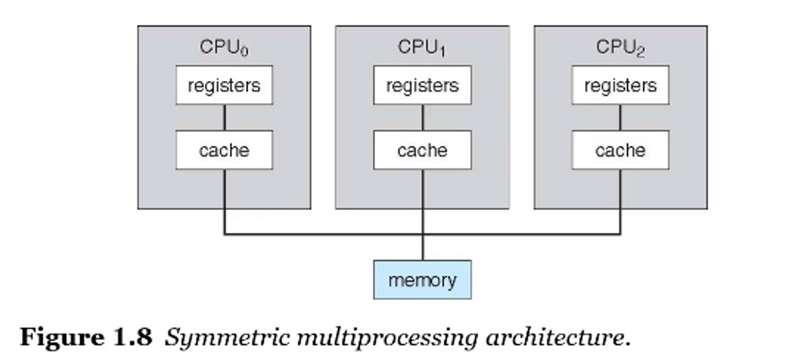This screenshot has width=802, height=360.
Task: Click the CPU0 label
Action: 223,47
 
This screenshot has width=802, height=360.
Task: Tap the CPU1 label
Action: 421,47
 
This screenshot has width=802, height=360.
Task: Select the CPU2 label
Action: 620,47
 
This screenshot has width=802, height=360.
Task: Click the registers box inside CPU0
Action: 224,85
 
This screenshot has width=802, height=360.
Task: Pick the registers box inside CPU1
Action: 422,85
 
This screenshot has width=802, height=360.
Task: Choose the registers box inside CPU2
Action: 620,85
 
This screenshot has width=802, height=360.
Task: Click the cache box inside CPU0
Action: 224,150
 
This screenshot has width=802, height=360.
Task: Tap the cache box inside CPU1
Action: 422,150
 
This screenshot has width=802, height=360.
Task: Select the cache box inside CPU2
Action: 620,150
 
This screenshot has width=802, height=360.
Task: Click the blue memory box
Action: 422,280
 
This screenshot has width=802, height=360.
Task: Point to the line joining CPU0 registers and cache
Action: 224,118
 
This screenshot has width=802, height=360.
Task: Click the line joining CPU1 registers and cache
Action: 422,118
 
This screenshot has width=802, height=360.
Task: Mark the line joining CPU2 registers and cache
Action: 620,118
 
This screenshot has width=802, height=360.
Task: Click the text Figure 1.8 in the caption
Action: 86,337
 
